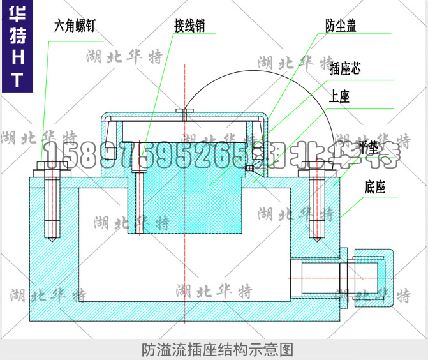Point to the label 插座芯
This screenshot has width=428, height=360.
(345, 69)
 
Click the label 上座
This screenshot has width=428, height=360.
(339, 97)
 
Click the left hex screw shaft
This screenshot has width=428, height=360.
(50, 204)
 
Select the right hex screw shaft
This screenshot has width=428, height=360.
(317, 204)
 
